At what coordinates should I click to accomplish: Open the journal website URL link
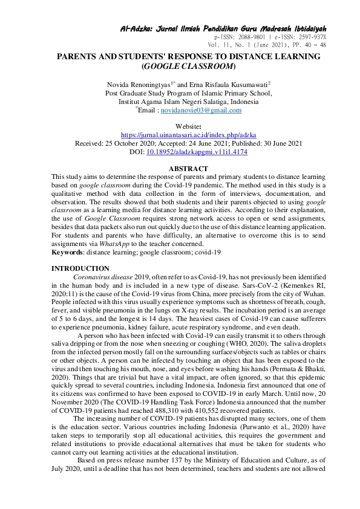click(x=180, y=136)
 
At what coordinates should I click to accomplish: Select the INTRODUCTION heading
click(x=80, y=268)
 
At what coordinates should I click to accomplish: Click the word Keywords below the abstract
click(x=68, y=251)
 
